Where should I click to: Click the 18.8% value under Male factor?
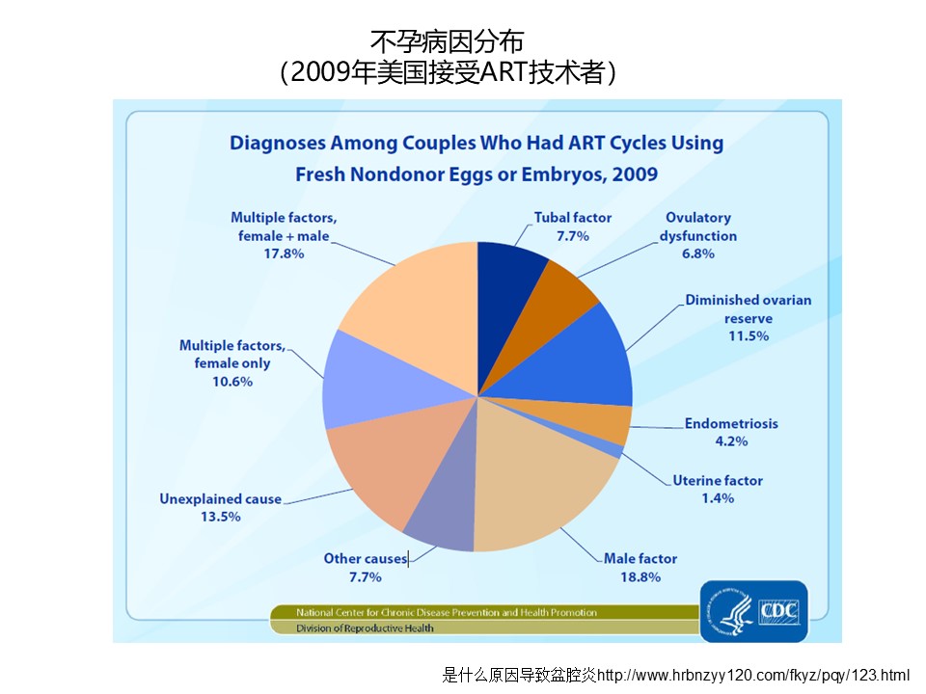tap(640, 576)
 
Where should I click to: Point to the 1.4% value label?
tap(718, 498)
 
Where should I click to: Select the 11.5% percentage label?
tap(748, 336)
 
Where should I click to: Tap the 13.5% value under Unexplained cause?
tap(221, 517)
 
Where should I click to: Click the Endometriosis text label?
tap(731, 423)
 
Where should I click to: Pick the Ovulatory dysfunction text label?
tap(697, 227)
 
